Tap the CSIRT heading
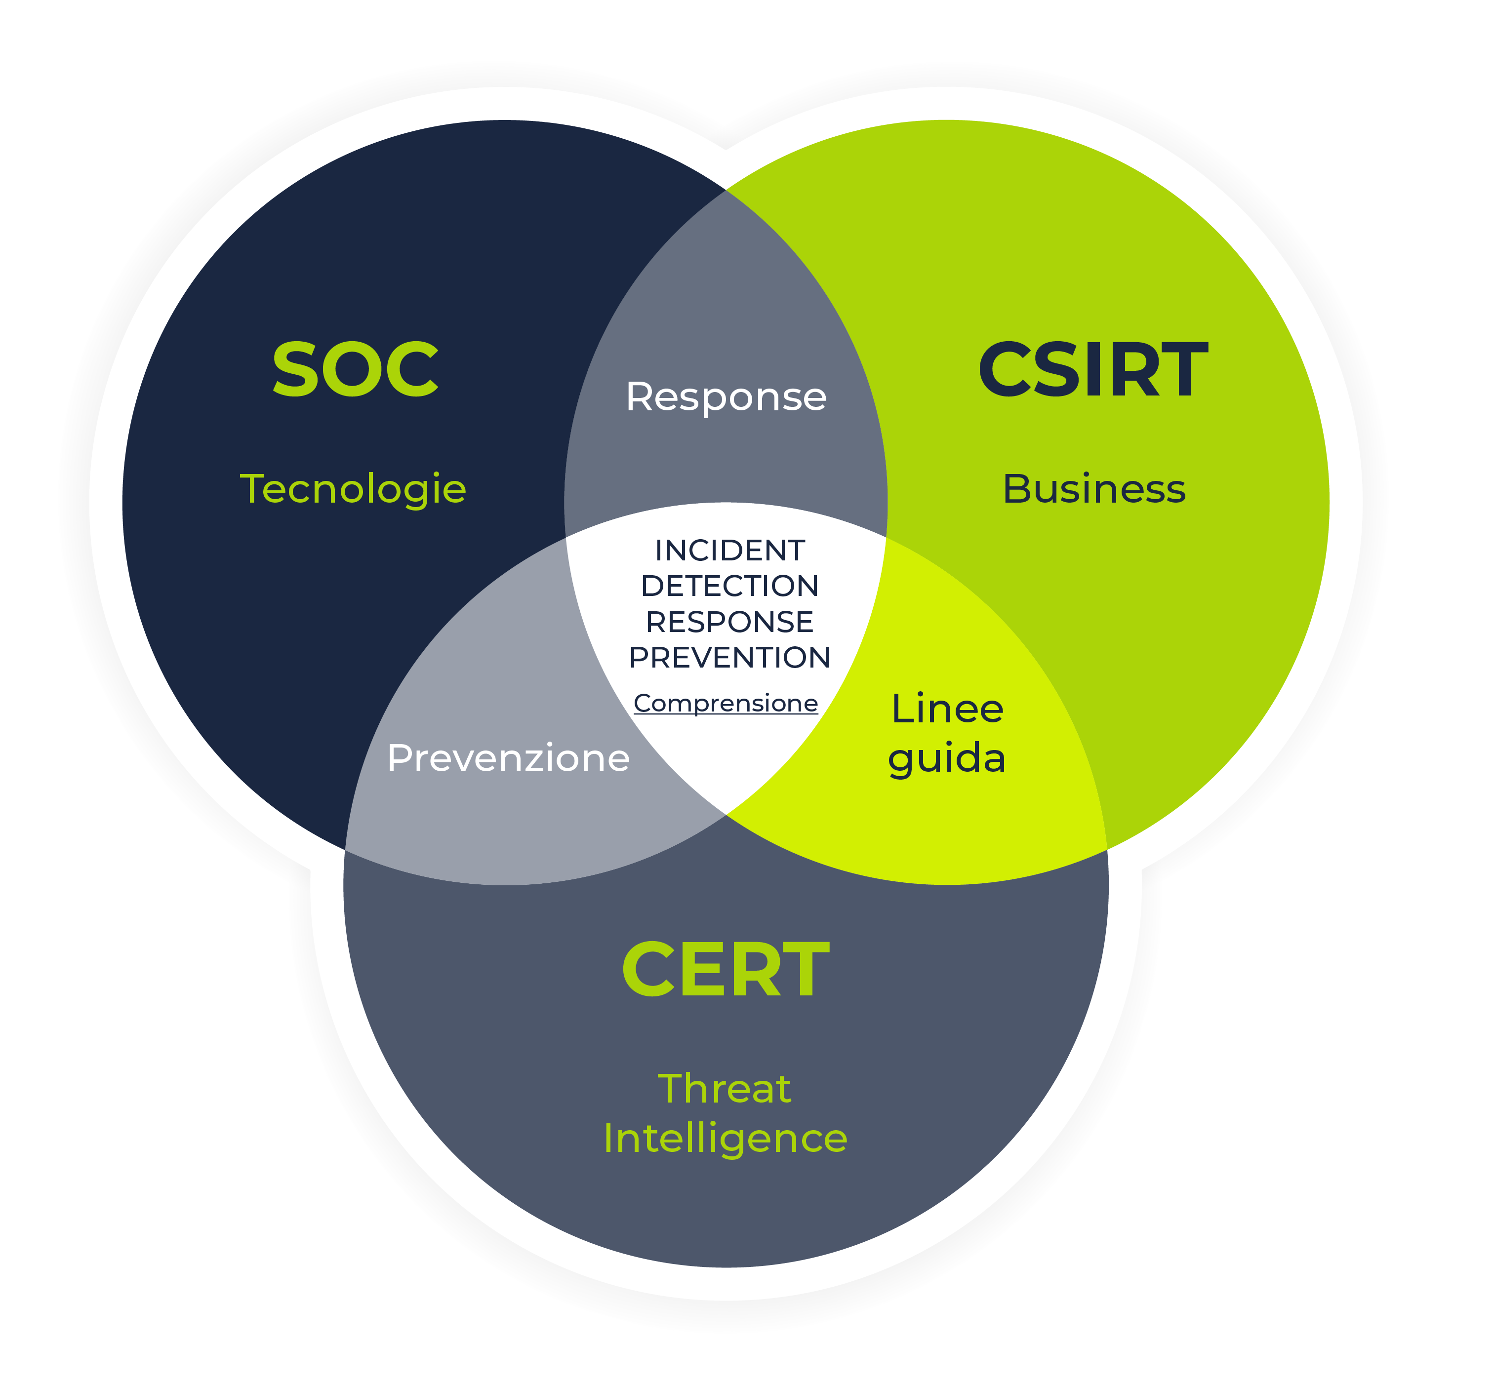pyautogui.click(x=1092, y=369)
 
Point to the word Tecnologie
pyautogui.click(x=353, y=490)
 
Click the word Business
pyautogui.click(x=1094, y=490)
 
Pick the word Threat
pyautogui.click(x=724, y=1089)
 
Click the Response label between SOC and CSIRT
pyautogui.click(x=726, y=397)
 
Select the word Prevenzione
pyautogui.click(x=508, y=758)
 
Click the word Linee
pyautogui.click(x=947, y=709)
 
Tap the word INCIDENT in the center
pyautogui.click(x=729, y=551)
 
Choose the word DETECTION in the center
pyautogui.click(x=729, y=586)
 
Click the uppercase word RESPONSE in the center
pyautogui.click(x=729, y=622)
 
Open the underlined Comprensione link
pyautogui.click(x=726, y=704)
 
